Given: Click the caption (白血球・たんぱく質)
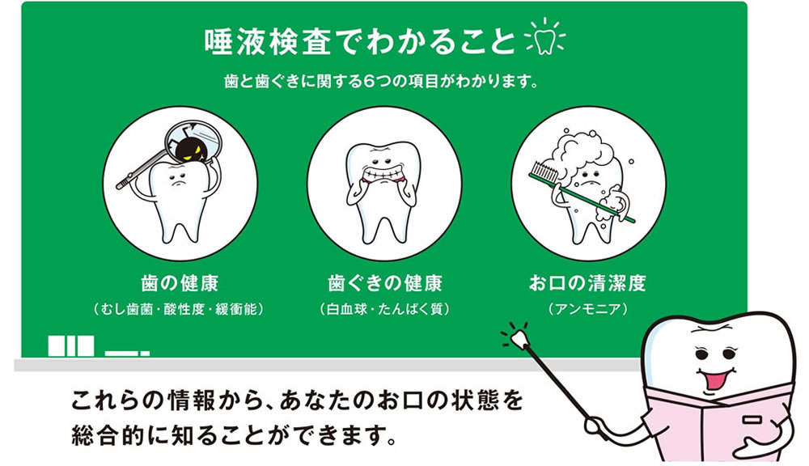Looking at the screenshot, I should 384,309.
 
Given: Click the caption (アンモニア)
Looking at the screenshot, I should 587,309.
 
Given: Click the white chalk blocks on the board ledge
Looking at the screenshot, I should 71,345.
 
